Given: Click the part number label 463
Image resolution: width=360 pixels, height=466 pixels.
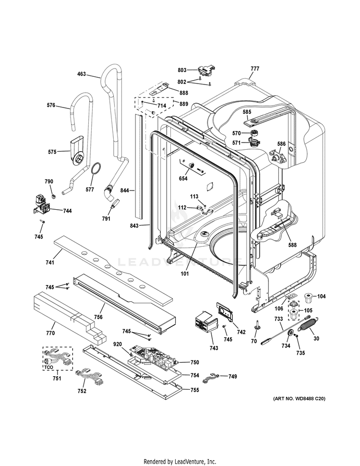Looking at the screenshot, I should coord(82,74).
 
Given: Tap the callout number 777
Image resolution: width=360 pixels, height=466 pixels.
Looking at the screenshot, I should coord(254,69).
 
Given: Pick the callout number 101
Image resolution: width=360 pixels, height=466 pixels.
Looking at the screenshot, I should coord(185,275).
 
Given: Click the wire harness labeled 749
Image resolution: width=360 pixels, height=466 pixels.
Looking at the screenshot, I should coord(212,378).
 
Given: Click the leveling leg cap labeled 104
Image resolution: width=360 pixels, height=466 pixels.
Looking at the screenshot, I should coord(305,296).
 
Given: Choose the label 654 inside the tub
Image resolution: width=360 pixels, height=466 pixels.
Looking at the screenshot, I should coord(183,179).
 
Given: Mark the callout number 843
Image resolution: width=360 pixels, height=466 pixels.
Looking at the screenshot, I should coord(135,225).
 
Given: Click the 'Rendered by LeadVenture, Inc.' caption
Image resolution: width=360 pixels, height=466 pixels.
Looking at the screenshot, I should coord(180,462).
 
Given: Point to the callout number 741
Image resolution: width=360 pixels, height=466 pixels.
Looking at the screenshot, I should coord(49,262).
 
